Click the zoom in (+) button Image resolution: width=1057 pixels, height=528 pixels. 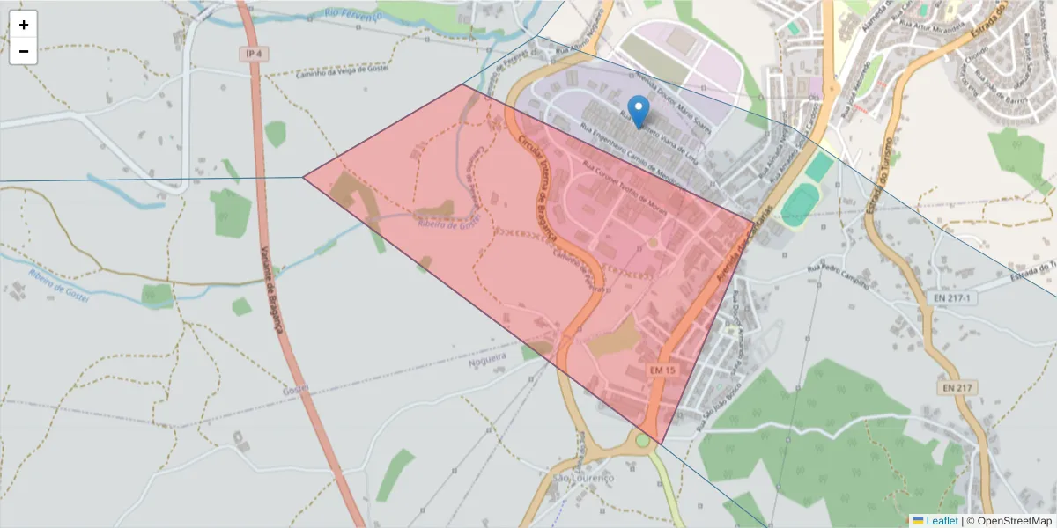(23, 25)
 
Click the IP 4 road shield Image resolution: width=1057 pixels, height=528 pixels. (255, 55)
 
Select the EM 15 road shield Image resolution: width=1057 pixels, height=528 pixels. (662, 370)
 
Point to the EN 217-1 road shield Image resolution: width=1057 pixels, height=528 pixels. (952, 298)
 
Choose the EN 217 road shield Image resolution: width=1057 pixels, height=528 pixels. (957, 388)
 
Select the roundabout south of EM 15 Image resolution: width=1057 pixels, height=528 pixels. (643, 440)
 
